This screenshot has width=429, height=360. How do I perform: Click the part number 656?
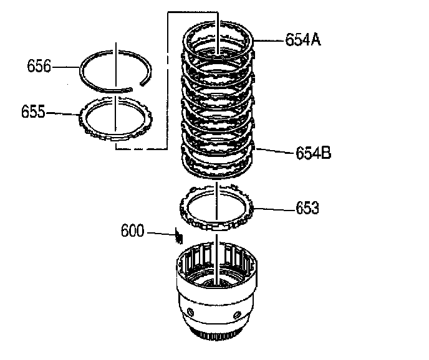(x=39, y=65)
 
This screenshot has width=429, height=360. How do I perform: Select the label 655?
(x=33, y=111)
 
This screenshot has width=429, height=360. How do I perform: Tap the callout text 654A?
(x=303, y=40)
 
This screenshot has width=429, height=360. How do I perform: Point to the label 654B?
(x=312, y=152)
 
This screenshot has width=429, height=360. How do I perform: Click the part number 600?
(x=132, y=231)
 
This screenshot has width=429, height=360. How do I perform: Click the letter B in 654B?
(x=325, y=152)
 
